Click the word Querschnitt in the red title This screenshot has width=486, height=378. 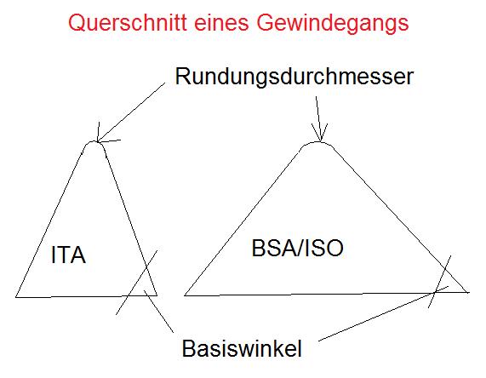(x=128, y=23)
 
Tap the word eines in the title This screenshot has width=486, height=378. (x=221, y=23)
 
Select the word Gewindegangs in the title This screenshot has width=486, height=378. (x=333, y=24)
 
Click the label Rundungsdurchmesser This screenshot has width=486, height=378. (x=294, y=77)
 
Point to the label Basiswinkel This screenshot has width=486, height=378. (x=242, y=348)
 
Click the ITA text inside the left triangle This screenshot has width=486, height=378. (x=68, y=255)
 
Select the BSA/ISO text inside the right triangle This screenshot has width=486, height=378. (x=298, y=248)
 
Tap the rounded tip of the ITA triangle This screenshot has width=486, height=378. (x=93, y=141)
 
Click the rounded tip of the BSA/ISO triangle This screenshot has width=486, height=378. (x=319, y=143)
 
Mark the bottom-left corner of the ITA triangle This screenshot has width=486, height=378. (x=16, y=297)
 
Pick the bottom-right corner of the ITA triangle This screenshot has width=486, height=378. (x=157, y=295)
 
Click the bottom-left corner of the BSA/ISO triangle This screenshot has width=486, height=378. (x=185, y=295)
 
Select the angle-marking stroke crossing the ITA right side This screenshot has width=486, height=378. (x=137, y=283)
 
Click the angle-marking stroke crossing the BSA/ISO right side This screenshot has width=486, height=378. (x=439, y=282)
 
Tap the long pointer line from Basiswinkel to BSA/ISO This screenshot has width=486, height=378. (x=383, y=313)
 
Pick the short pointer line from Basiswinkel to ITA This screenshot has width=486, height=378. (x=158, y=312)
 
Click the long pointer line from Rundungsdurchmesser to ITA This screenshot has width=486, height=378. (x=131, y=112)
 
